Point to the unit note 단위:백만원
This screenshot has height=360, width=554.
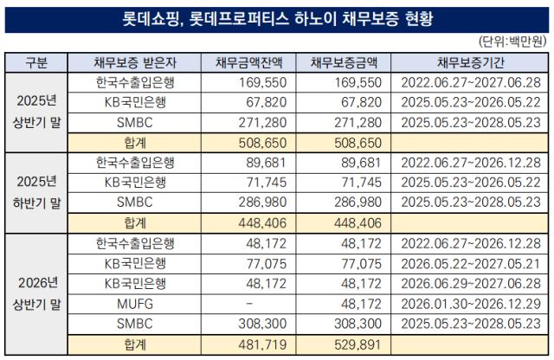tap(512, 42)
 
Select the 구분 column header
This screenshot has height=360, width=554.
tap(36, 62)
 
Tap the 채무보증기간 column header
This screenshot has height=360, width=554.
tap(471, 62)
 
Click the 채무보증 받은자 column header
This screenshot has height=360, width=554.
tap(135, 62)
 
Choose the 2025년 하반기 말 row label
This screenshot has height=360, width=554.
tap(36, 192)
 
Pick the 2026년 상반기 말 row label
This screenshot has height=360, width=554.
tap(36, 293)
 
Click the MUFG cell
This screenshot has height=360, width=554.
tap(135, 304)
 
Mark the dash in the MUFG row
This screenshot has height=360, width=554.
tap(249, 304)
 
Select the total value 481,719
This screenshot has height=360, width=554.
tap(262, 344)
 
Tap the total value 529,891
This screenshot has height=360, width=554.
tap(358, 344)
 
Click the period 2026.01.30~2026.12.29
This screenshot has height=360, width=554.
tap(471, 304)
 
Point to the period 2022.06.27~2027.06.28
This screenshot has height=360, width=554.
tap(471, 83)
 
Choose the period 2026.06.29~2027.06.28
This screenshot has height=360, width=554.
tap(471, 284)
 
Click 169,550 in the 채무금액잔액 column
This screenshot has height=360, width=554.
tap(262, 83)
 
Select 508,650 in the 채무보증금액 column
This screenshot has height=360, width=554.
tap(358, 143)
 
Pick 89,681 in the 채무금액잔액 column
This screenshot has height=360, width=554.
tap(266, 163)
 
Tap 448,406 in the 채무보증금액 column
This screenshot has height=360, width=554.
tap(358, 223)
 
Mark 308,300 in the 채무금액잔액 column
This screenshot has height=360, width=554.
tap(262, 324)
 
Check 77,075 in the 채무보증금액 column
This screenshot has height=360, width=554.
tap(362, 264)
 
